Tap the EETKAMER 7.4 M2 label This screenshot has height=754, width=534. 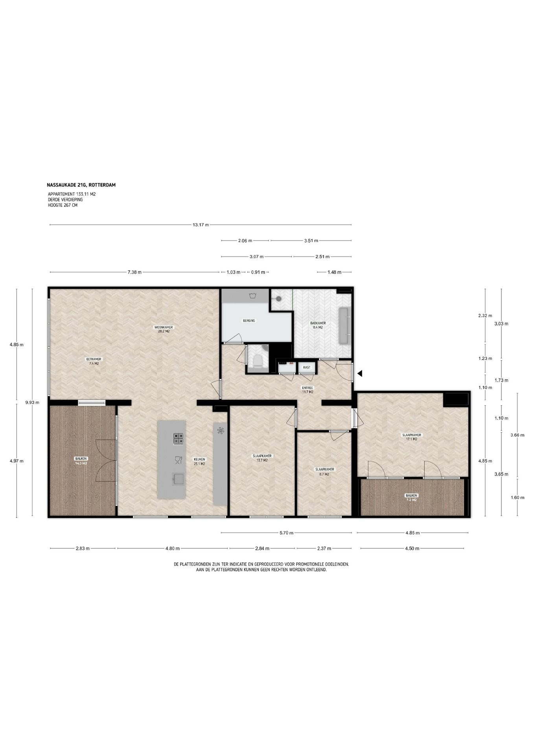pos(94,361)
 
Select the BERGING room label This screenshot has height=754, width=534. pos(249,320)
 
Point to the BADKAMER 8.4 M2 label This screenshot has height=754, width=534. pos(318,325)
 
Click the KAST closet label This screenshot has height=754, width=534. pos(307,368)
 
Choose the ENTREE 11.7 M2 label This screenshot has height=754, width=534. pos(308,390)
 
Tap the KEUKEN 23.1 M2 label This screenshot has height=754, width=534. pos(199,461)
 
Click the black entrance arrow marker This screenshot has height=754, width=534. pos(359,373)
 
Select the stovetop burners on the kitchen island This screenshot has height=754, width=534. pos(179,438)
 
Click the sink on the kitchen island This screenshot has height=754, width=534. pos(179,479)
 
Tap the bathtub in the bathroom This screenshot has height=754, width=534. pos(344,326)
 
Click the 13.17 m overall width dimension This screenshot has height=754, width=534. pos(201,225)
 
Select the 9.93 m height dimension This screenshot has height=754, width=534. pos(32,403)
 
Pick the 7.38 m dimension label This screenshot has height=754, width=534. pos(134,272)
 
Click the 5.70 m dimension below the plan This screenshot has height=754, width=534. pos(286,533)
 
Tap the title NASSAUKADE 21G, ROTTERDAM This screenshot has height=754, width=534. pos(81,185)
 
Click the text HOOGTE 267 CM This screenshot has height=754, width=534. pos(63,205)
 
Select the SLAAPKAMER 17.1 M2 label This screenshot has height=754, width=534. pos(412,437)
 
